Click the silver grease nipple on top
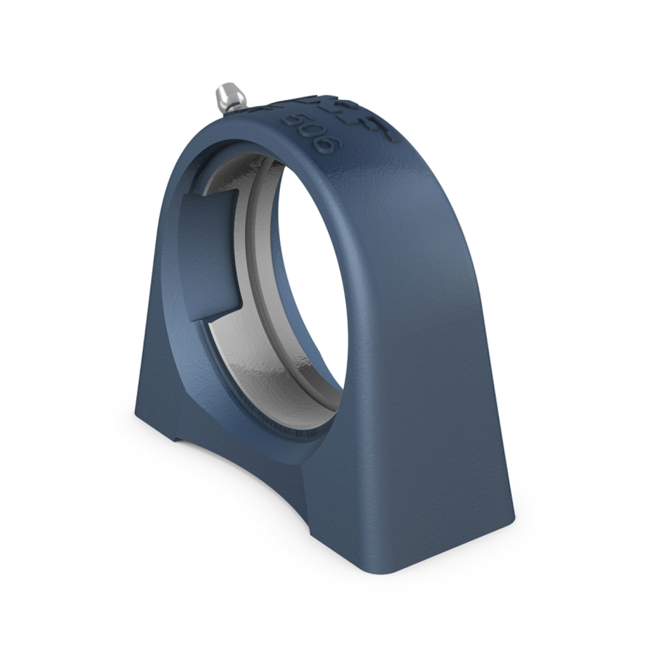click(231, 99)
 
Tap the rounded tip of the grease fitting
click(224, 93)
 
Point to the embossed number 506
click(309, 129)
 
